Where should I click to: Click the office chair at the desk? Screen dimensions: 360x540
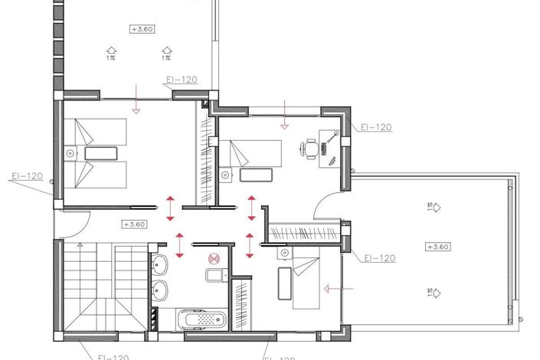310,149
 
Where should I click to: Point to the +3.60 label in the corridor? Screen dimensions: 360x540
134,224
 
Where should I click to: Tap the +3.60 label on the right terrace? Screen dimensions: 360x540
440,247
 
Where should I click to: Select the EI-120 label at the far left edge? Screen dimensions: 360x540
27,176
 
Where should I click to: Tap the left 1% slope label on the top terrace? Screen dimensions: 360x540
111,56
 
